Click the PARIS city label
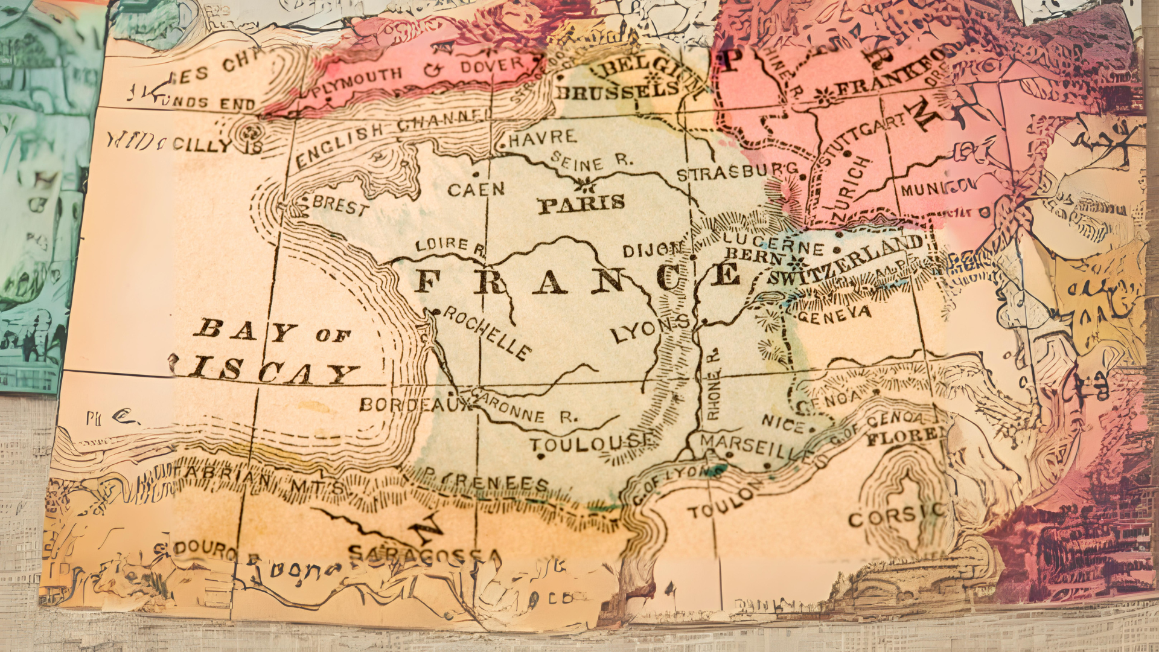click(581, 204)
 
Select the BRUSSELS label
click(617, 91)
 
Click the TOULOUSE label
click(592, 444)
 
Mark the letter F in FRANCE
click(427, 281)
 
